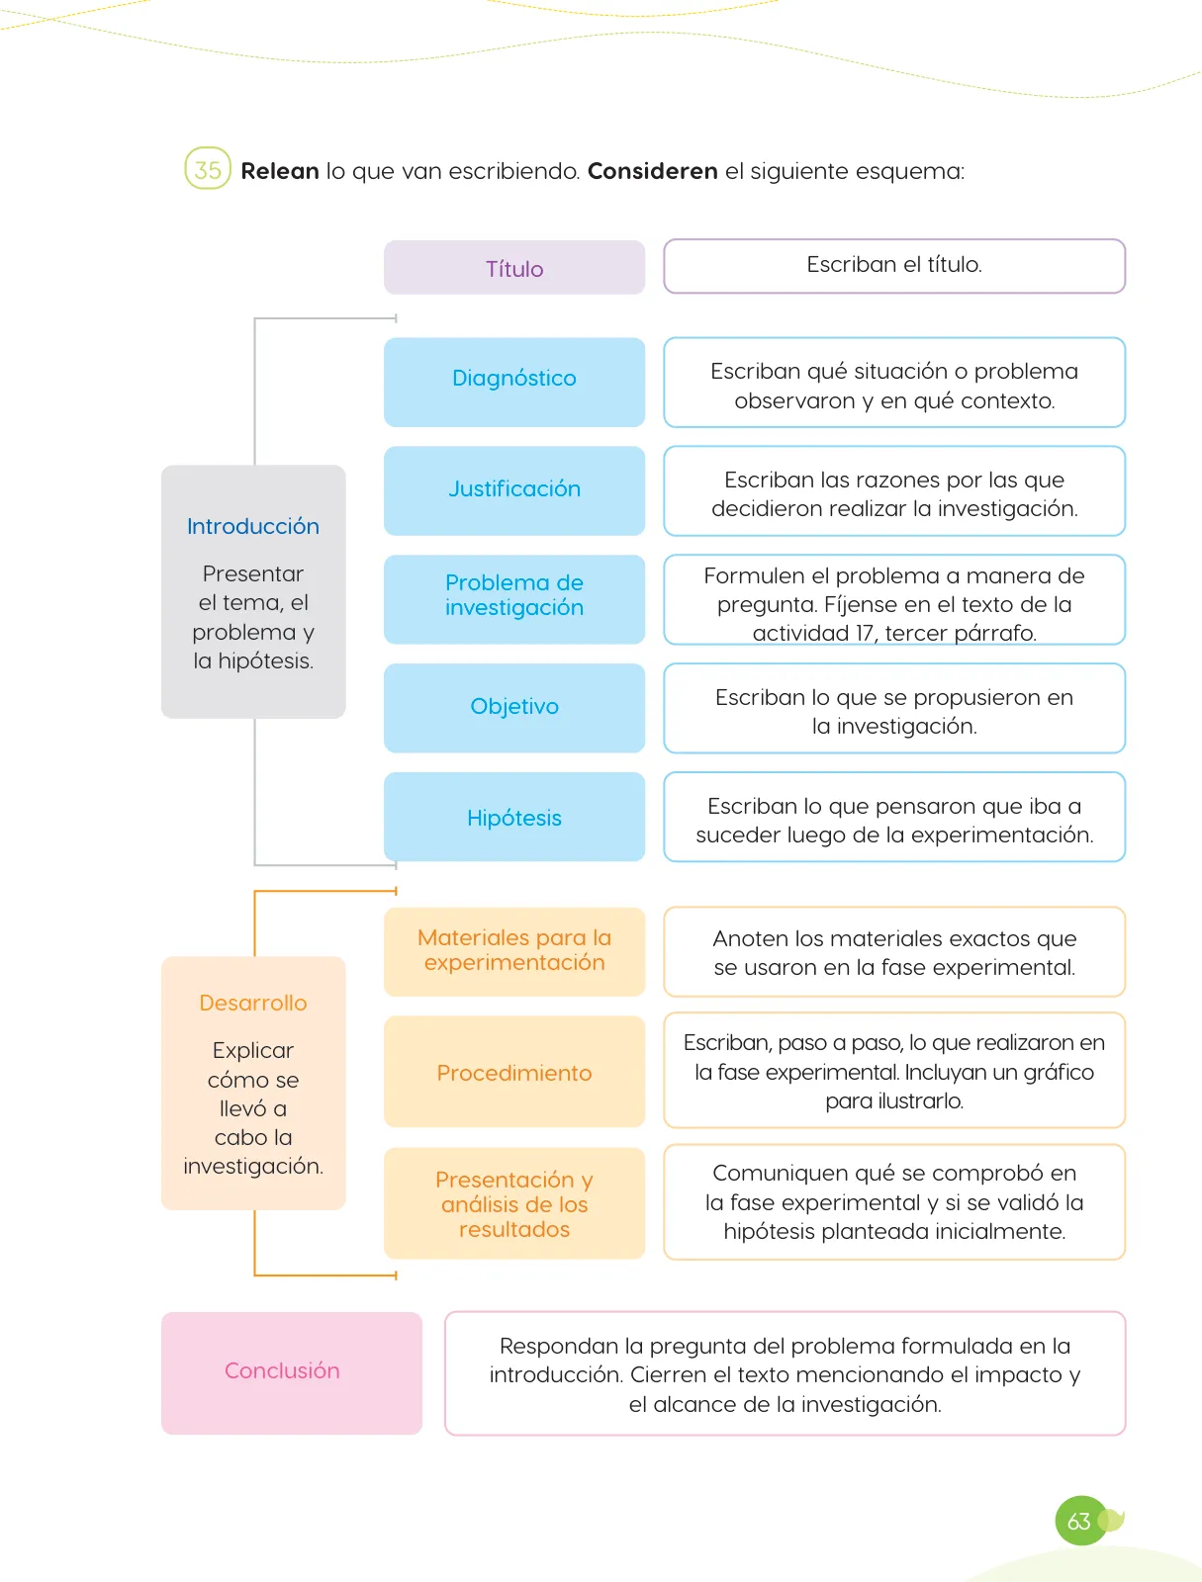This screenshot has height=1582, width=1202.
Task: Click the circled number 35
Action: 207,169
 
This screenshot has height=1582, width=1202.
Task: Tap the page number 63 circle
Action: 1079,1521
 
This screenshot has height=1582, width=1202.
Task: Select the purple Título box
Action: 513,267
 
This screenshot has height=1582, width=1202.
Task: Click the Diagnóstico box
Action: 513,382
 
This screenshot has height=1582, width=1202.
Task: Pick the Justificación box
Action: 513,490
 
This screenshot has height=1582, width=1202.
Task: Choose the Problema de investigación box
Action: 513,599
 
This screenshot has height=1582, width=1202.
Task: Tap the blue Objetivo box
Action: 513,708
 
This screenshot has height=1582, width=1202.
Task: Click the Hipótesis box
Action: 513,817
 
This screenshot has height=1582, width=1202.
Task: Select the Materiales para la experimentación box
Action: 513,951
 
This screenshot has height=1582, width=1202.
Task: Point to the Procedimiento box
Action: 513,1071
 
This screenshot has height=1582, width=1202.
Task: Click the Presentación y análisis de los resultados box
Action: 513,1203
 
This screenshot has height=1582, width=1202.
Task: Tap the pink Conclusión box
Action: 291,1372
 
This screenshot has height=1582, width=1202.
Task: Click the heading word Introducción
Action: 253,526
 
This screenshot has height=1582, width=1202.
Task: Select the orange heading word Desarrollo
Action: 253,1003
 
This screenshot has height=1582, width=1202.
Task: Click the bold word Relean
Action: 280,171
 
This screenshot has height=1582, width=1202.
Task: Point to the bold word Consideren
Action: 653,171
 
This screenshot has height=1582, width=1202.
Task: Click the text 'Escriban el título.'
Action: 894,265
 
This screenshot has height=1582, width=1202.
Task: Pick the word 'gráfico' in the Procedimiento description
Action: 1058,1073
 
